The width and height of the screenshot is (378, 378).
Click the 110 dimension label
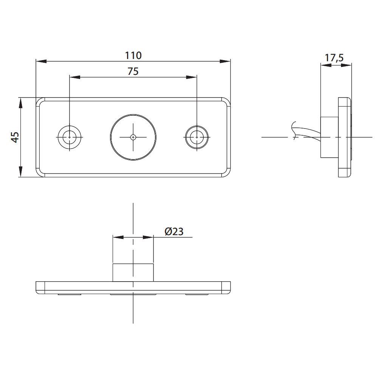pos(133,56)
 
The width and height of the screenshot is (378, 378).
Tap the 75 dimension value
pos(133,71)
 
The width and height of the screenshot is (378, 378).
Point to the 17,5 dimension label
pos(334,58)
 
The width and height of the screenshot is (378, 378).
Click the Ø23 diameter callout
pos(174,232)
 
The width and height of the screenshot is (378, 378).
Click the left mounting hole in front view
pos(70,137)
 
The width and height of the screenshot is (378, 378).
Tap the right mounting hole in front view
pos(197,137)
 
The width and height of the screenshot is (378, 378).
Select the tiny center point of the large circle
pos(133,137)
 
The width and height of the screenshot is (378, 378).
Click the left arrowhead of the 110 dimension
pos(41,61)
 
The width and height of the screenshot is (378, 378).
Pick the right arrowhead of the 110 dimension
pos(225,61)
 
